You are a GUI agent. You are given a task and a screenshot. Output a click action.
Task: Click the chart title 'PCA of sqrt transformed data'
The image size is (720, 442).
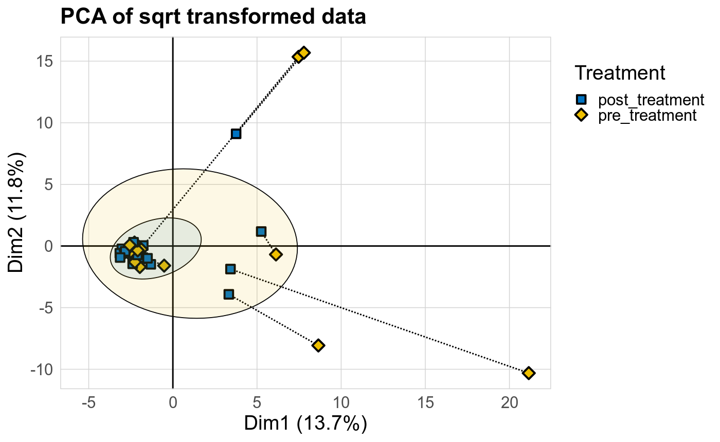pyautogui.click(x=213, y=17)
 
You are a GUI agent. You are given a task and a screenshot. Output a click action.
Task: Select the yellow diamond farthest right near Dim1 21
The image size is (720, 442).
pyautogui.click(x=529, y=373)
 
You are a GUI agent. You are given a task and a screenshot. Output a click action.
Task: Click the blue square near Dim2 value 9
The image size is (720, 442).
pyautogui.click(x=236, y=134)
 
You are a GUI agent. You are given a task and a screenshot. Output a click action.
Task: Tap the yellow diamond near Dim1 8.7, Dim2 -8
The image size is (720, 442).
pyautogui.click(x=318, y=345)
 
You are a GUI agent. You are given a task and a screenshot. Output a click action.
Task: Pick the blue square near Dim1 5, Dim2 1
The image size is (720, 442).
pyautogui.click(x=261, y=232)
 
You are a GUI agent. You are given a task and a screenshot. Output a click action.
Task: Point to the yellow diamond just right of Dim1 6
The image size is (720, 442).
pyautogui.click(x=276, y=254)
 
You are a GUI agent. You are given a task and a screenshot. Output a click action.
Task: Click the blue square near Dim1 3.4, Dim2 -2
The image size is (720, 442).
pyautogui.click(x=230, y=269)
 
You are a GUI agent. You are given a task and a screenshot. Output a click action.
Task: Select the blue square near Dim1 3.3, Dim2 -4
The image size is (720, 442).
pyautogui.click(x=229, y=294)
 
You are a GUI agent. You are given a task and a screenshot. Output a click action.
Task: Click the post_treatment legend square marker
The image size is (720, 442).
pyautogui.click(x=581, y=99)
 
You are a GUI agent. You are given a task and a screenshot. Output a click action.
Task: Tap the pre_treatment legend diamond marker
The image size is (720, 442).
pyautogui.click(x=581, y=115)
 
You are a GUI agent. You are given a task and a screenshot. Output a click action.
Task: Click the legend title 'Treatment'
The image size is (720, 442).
pyautogui.click(x=620, y=73)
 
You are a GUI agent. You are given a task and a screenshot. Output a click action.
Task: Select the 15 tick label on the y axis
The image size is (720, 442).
pyautogui.click(x=45, y=61)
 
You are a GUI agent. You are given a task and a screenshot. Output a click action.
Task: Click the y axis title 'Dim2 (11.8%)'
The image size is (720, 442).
pyautogui.click(x=17, y=213)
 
